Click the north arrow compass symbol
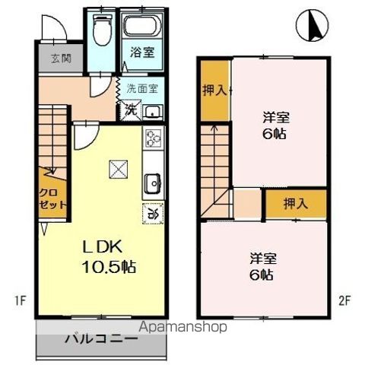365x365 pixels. tap(312, 25)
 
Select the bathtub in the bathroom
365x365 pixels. tap(143, 26)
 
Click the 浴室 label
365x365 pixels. tap(142, 52)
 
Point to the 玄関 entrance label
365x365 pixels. tap(61, 59)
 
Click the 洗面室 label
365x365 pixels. tap(142, 88)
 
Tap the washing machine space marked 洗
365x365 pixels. tap(131, 110)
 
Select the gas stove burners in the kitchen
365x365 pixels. tap(153, 138)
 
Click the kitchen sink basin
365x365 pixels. tap(152, 183)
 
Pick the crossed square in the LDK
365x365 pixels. tap(118, 170)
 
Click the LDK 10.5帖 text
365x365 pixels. tap(109, 257)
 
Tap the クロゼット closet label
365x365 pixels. tap(52, 199)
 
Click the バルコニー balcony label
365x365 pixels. tap(101, 338)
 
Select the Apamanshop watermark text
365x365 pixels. tap(182, 327)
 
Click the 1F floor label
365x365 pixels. tap(21, 301)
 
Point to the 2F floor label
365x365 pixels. tap(344, 301)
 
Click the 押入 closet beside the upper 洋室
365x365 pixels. tap(214, 90)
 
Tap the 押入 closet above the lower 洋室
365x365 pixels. tap(296, 203)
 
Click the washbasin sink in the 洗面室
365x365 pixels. tap(153, 113)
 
